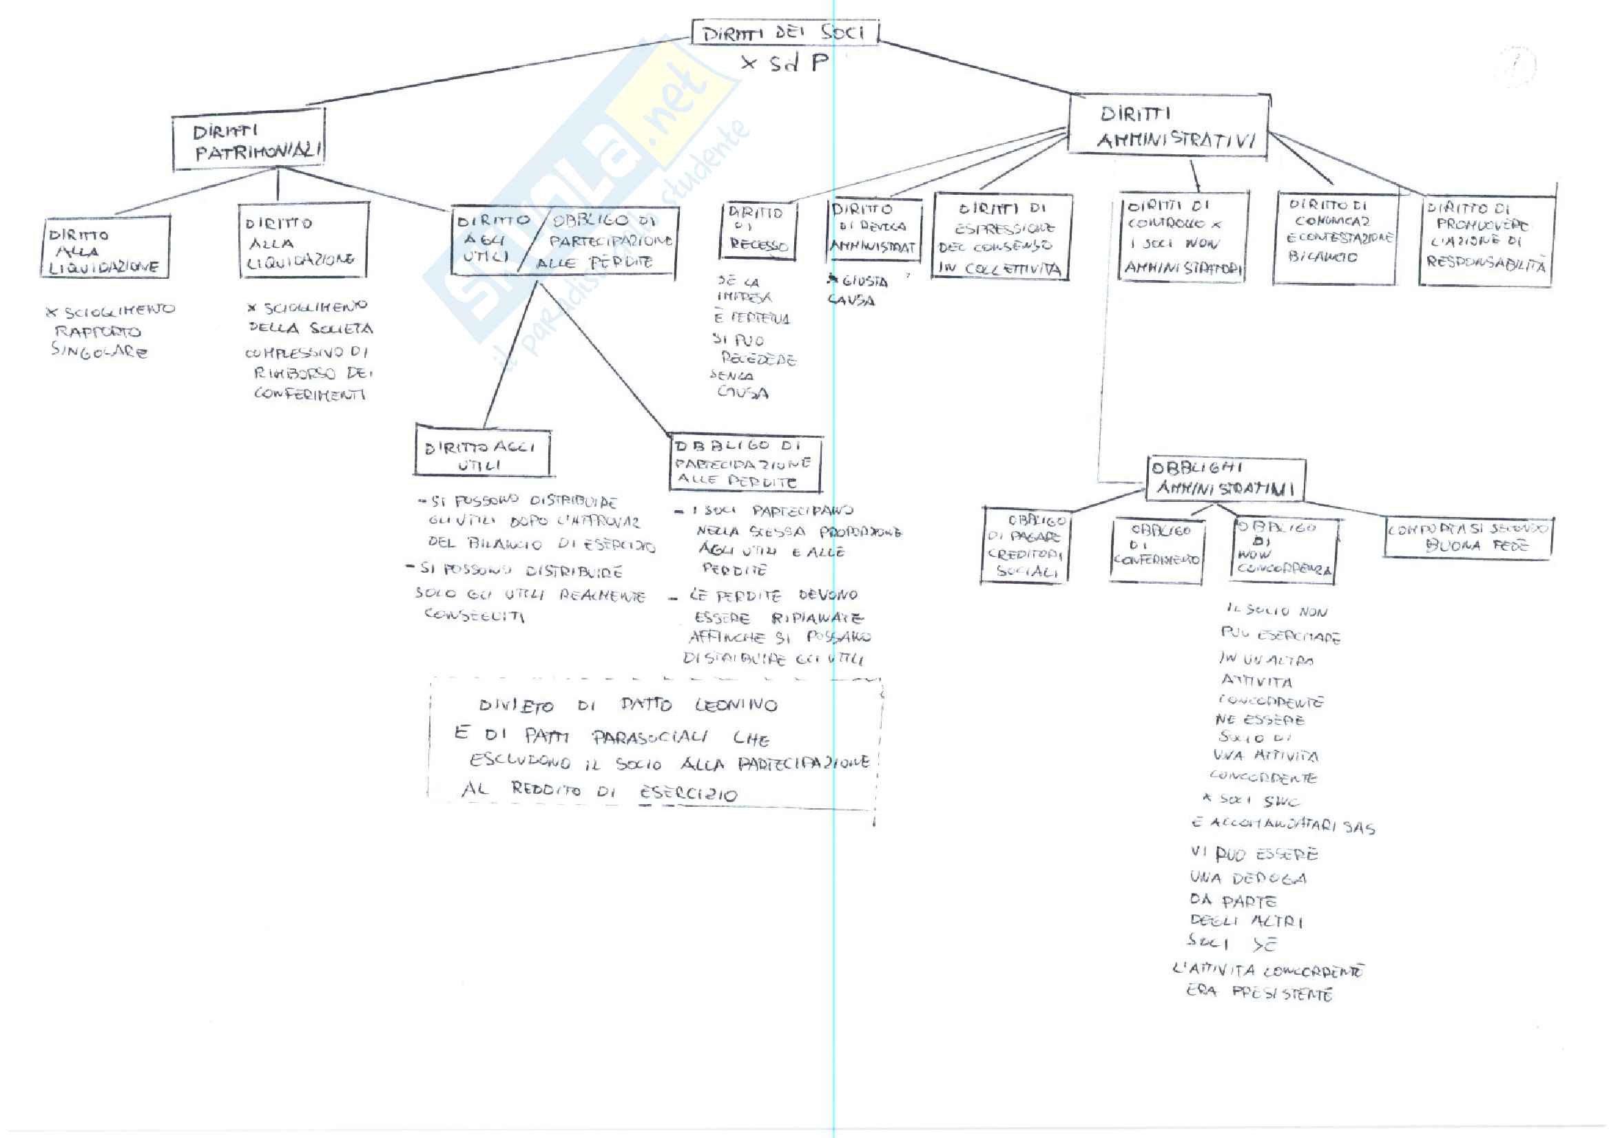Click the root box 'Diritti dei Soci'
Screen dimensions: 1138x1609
click(x=784, y=32)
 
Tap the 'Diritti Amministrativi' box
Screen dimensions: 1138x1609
click(x=1169, y=127)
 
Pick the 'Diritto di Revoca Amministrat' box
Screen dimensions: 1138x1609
click(x=873, y=229)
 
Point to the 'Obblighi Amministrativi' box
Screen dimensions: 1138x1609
click(x=1225, y=479)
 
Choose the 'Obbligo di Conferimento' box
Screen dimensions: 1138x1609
click(x=1157, y=551)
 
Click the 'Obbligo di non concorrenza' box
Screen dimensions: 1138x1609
click(x=1284, y=549)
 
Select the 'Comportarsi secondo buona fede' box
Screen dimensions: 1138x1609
click(x=1468, y=538)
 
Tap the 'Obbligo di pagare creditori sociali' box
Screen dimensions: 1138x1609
click(x=1026, y=546)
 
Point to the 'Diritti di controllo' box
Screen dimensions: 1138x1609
click(x=1182, y=237)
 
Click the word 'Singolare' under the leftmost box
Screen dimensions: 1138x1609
click(x=99, y=351)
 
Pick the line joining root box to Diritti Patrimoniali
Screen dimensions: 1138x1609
click(x=491, y=72)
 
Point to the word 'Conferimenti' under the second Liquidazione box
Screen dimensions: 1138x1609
click(x=310, y=394)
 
